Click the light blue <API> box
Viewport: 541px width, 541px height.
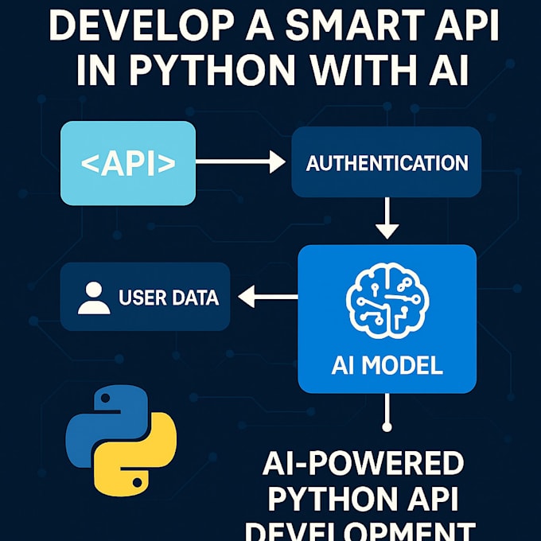pos(128,163)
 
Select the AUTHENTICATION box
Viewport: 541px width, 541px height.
pos(387,163)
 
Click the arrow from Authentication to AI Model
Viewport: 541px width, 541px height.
pos(387,218)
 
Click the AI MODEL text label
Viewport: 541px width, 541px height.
pos(387,366)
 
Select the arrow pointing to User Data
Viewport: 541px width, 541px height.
pos(267,298)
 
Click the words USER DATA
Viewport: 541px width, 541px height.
pos(168,298)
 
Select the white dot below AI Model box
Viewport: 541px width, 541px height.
pos(387,427)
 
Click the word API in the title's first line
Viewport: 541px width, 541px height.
pos(462,32)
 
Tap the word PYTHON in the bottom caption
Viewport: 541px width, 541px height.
pos(326,498)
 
